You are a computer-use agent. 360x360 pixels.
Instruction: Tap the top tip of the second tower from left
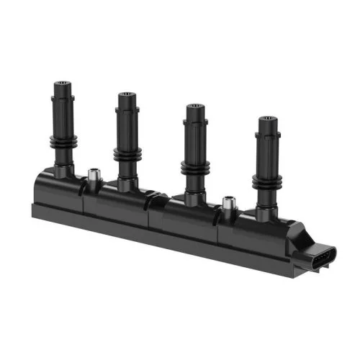click(126, 96)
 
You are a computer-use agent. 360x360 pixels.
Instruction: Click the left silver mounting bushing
click(92, 176)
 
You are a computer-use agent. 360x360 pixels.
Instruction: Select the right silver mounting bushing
click(228, 204)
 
